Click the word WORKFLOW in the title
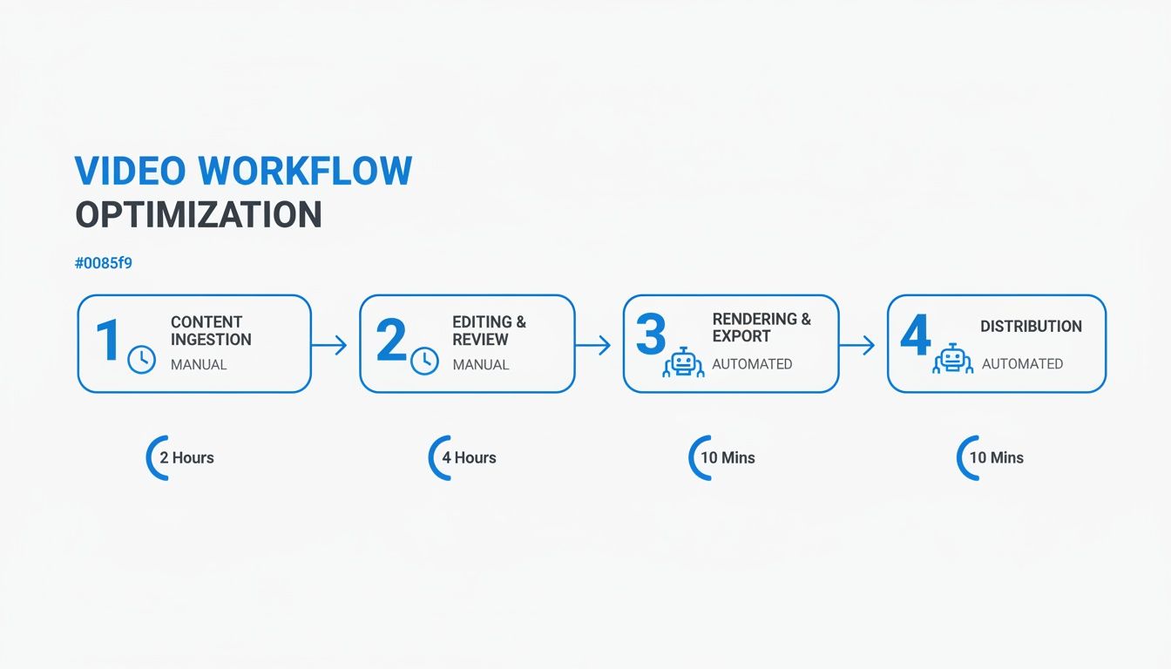pyautogui.click(x=305, y=171)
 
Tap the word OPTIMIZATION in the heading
pyautogui.click(x=199, y=214)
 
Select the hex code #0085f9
pyautogui.click(x=104, y=262)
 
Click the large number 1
pyautogui.click(x=108, y=340)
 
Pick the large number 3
pyautogui.click(x=651, y=334)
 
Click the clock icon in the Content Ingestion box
pyautogui.click(x=142, y=360)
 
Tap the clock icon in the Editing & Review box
pyautogui.click(x=424, y=361)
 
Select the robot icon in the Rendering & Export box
pyautogui.click(x=683, y=362)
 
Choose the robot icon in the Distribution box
pyautogui.click(x=953, y=359)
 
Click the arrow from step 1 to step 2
pyautogui.click(x=329, y=345)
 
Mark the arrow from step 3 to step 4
pyautogui.click(x=856, y=345)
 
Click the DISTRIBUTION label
pyautogui.click(x=1031, y=326)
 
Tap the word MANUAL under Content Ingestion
pyautogui.click(x=199, y=365)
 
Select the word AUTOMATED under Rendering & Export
pyautogui.click(x=752, y=364)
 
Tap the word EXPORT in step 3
pyautogui.click(x=741, y=336)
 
